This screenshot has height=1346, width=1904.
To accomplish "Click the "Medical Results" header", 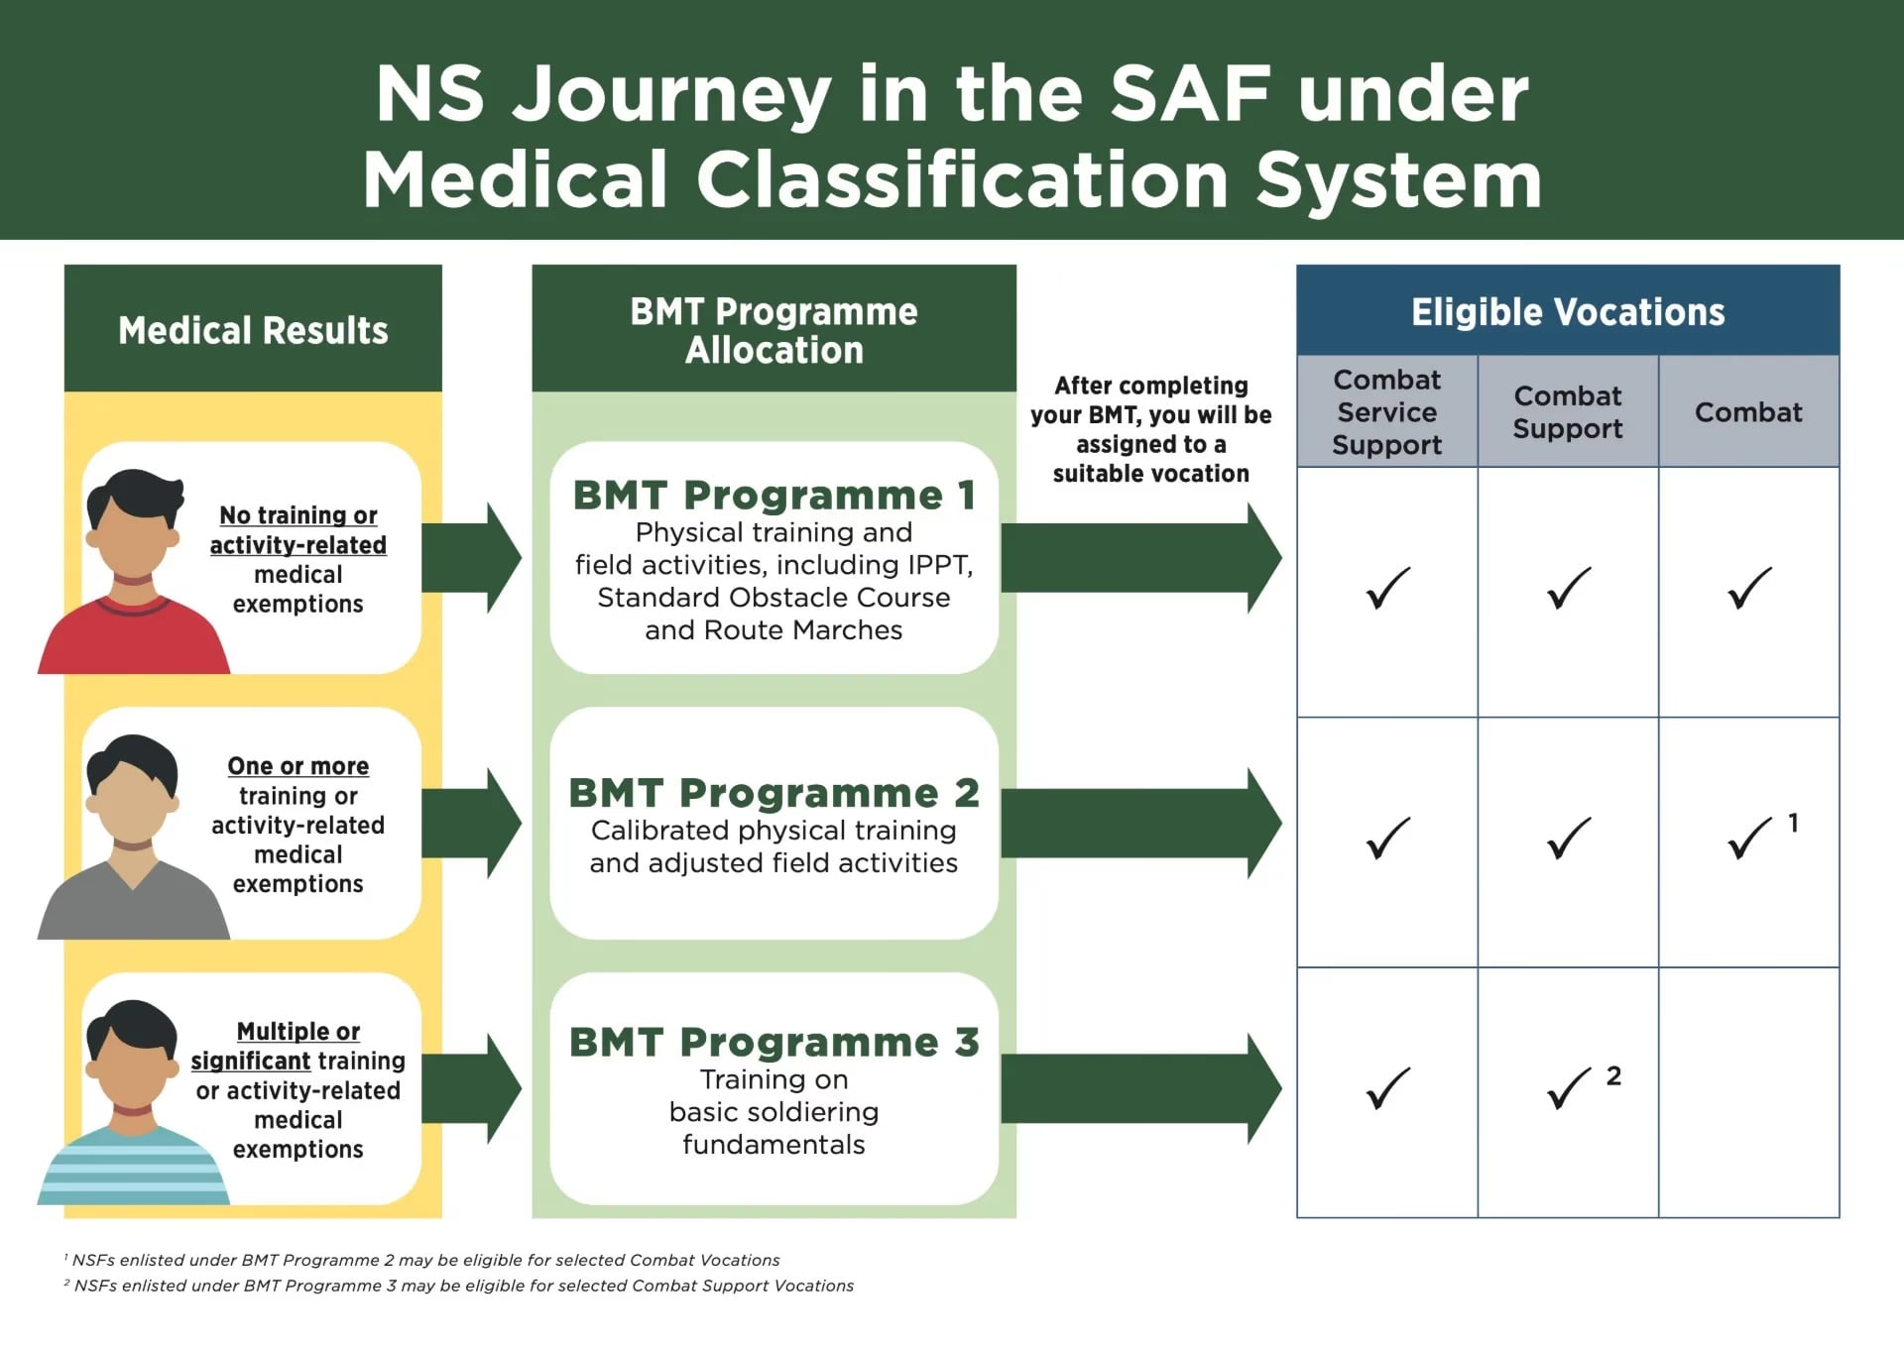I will [x=253, y=330].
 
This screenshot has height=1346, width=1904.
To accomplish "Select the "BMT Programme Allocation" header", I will [x=773, y=330].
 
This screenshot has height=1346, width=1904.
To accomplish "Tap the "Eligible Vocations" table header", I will [x=1567, y=312].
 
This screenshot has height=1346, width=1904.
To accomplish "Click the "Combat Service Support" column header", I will [x=1386, y=412].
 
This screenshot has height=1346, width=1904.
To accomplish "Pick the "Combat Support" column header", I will [x=1567, y=412].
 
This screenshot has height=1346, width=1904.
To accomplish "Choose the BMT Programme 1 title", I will [x=773, y=495].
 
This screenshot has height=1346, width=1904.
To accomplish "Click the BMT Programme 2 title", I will [x=773, y=793].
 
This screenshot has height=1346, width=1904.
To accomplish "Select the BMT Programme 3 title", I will [x=773, y=1043].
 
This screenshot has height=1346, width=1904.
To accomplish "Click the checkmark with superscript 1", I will [x=1750, y=839].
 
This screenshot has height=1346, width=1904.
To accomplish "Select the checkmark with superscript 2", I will [x=1570, y=1088].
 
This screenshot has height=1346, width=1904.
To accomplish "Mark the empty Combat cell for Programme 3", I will [x=1748, y=1092].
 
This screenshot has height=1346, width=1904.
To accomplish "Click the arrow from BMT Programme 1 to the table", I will [x=1140, y=558].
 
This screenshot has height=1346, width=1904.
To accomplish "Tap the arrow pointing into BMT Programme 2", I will [x=472, y=823].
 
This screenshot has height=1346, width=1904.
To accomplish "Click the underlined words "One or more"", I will [x=297, y=766].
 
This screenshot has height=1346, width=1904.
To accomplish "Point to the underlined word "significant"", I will [x=251, y=1061].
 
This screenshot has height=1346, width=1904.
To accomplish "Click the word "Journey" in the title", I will [x=672, y=94].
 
